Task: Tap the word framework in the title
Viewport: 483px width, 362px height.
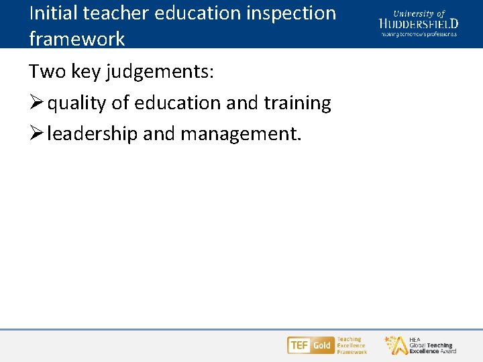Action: click(76, 38)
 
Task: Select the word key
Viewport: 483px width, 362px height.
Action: click(87, 72)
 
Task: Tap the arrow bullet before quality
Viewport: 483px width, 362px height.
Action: click(37, 103)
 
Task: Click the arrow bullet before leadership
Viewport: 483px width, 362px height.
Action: click(37, 134)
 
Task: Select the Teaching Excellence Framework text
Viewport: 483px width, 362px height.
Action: click(352, 345)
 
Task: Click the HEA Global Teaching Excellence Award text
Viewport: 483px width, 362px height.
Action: click(432, 345)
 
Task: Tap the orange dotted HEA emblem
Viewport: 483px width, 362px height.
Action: click(395, 345)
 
